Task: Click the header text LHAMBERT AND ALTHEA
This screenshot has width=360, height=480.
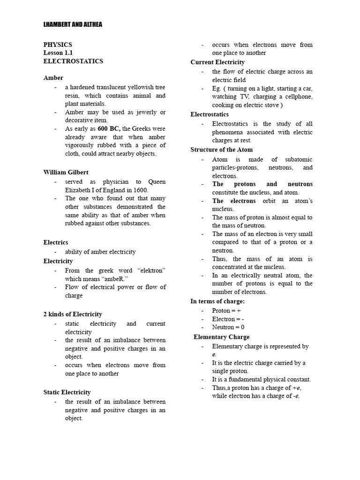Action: click(73, 24)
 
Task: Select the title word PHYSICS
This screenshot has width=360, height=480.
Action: click(58, 45)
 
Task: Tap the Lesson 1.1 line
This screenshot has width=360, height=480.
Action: click(58, 53)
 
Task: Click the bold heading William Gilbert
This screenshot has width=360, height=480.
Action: click(66, 172)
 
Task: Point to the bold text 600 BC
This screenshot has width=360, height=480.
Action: click(108, 129)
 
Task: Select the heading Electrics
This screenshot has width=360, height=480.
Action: click(56, 242)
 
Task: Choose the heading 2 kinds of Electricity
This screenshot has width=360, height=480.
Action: click(73, 314)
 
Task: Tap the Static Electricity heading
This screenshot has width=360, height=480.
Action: click(67, 392)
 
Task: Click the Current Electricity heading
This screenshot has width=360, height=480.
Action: click(217, 62)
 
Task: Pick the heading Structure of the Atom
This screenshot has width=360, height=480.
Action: click(221, 150)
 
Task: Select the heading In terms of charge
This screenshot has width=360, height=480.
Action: click(217, 301)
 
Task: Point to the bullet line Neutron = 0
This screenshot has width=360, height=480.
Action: click(228, 327)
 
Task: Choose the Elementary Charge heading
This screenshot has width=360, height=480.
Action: click(221, 337)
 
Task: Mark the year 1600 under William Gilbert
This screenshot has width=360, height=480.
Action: click(139, 190)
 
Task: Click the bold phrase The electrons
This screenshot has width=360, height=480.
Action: click(234, 201)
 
